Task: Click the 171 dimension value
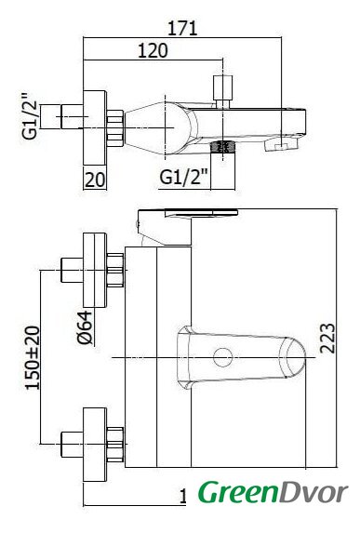tap(182, 28)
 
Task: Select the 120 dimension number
tap(153, 50)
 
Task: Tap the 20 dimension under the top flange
tap(95, 180)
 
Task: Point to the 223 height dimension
tap(327, 339)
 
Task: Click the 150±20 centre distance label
tap(33, 357)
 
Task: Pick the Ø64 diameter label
tap(85, 327)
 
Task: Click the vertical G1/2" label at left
tap(29, 116)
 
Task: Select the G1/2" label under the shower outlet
tap(183, 177)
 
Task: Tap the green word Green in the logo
tap(239, 493)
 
